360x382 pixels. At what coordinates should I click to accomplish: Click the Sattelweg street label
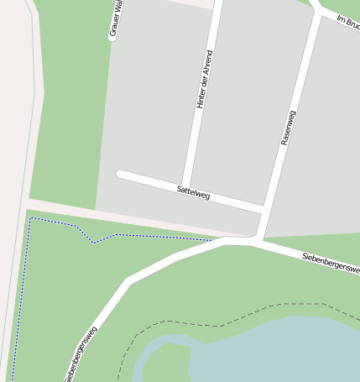193,192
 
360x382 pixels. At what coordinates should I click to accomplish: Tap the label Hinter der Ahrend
204,80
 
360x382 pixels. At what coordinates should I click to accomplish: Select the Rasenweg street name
288,128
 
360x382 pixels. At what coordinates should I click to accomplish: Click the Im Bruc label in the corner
347,23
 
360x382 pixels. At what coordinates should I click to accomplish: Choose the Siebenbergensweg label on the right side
331,263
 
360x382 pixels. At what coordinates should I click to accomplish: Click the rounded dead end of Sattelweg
121,175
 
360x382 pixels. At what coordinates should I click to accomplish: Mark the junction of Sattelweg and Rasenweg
265,207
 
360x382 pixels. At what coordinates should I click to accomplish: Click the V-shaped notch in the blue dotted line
93,242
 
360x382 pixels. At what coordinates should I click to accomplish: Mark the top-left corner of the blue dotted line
31,219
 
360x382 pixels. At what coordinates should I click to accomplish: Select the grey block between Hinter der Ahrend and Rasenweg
243,101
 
